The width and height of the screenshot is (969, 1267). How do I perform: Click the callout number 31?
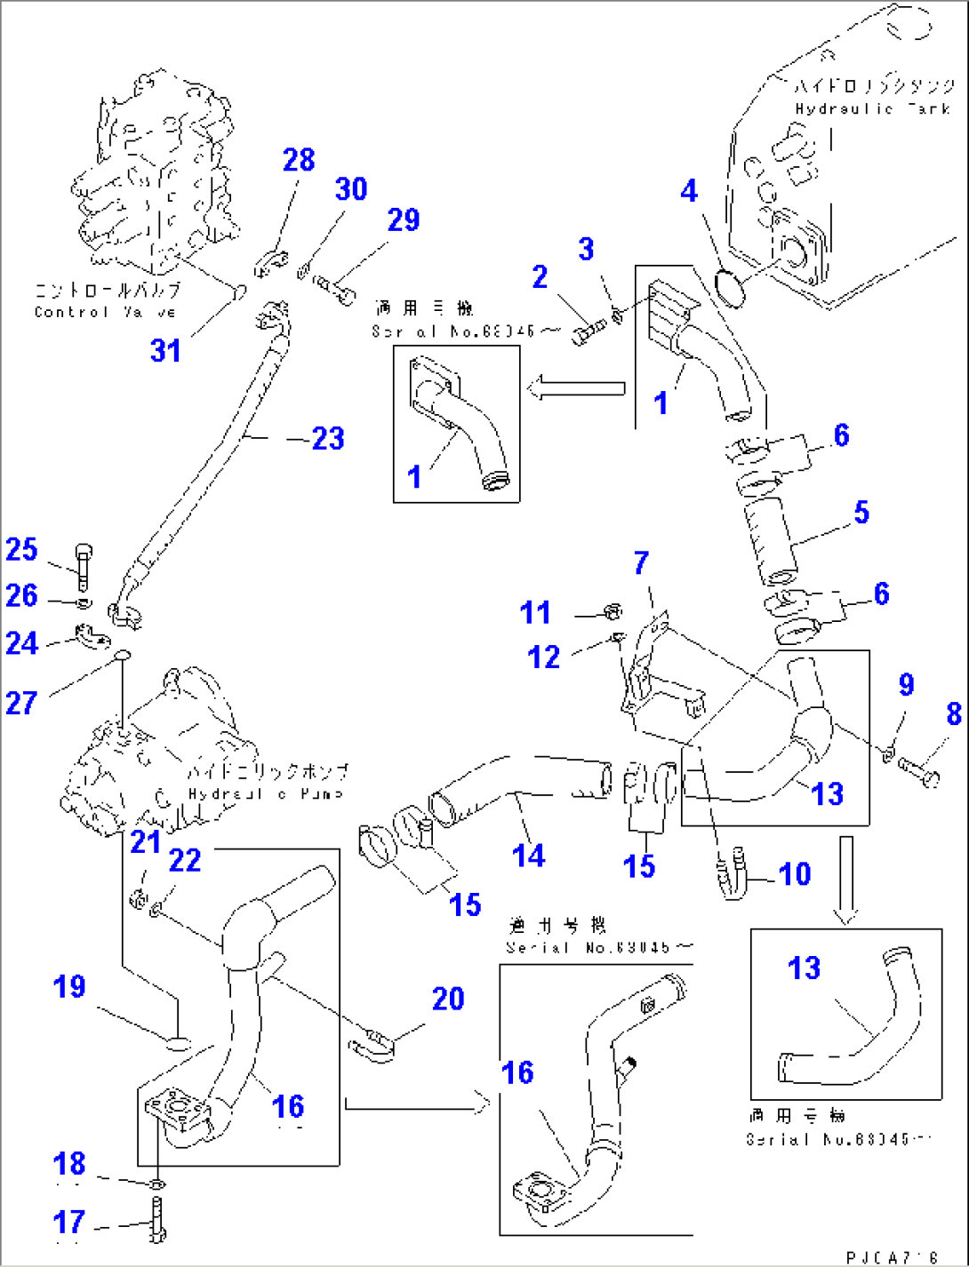(165, 350)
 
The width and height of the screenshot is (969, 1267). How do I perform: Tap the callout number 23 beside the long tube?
(327, 438)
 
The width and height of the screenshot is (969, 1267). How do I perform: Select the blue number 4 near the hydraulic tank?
(689, 190)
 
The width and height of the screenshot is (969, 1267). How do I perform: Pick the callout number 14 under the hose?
(528, 855)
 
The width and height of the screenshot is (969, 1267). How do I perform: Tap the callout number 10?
(794, 873)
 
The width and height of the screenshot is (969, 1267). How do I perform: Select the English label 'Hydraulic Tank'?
(872, 109)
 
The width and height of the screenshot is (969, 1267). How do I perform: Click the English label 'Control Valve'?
(105, 312)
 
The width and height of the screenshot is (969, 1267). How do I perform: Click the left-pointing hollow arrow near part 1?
(576, 388)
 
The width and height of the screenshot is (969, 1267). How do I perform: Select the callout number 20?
(448, 999)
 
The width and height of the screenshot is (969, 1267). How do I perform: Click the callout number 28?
(299, 160)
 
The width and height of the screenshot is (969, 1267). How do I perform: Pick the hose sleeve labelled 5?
(770, 540)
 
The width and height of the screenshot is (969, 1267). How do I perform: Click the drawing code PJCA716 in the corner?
(892, 1256)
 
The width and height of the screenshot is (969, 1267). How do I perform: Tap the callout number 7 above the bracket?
(642, 562)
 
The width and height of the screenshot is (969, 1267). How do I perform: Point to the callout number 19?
(69, 986)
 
